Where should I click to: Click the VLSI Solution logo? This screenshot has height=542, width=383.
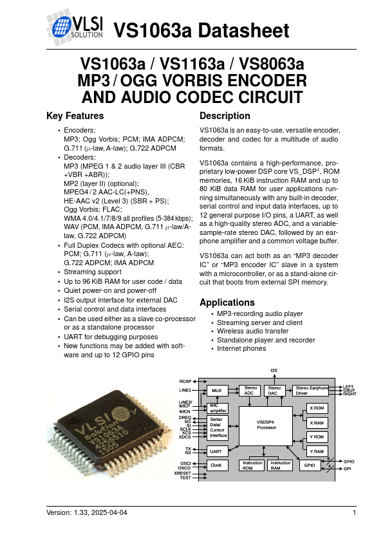[75, 26]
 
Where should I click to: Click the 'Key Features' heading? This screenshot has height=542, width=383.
[75, 117]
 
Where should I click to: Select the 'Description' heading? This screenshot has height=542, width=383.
[225, 117]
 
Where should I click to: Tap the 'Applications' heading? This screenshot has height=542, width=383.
[227, 303]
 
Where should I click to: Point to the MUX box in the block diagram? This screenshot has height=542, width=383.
[217, 390]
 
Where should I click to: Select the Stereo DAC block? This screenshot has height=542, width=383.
[275, 390]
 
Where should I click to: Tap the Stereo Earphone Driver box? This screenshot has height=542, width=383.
[310, 390]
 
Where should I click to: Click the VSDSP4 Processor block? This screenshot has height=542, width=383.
[266, 425]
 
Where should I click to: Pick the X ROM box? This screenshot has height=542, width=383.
[316, 408]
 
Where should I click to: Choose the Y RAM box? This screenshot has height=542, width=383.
[316, 451]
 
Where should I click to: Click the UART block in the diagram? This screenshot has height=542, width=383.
[216, 451]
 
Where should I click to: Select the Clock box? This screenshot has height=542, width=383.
[216, 465]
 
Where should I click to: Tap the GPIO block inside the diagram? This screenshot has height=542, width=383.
[310, 465]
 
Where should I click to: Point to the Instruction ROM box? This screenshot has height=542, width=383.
[252, 465]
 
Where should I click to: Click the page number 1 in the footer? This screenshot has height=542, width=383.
[354, 512]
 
